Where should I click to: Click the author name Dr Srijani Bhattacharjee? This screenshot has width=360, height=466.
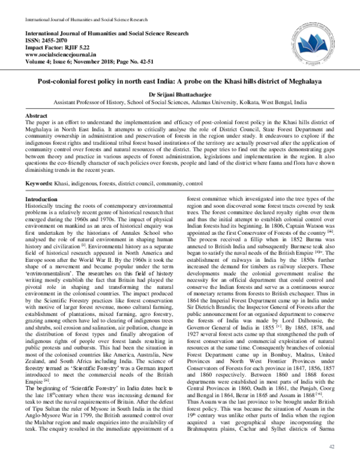(179, 94)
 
